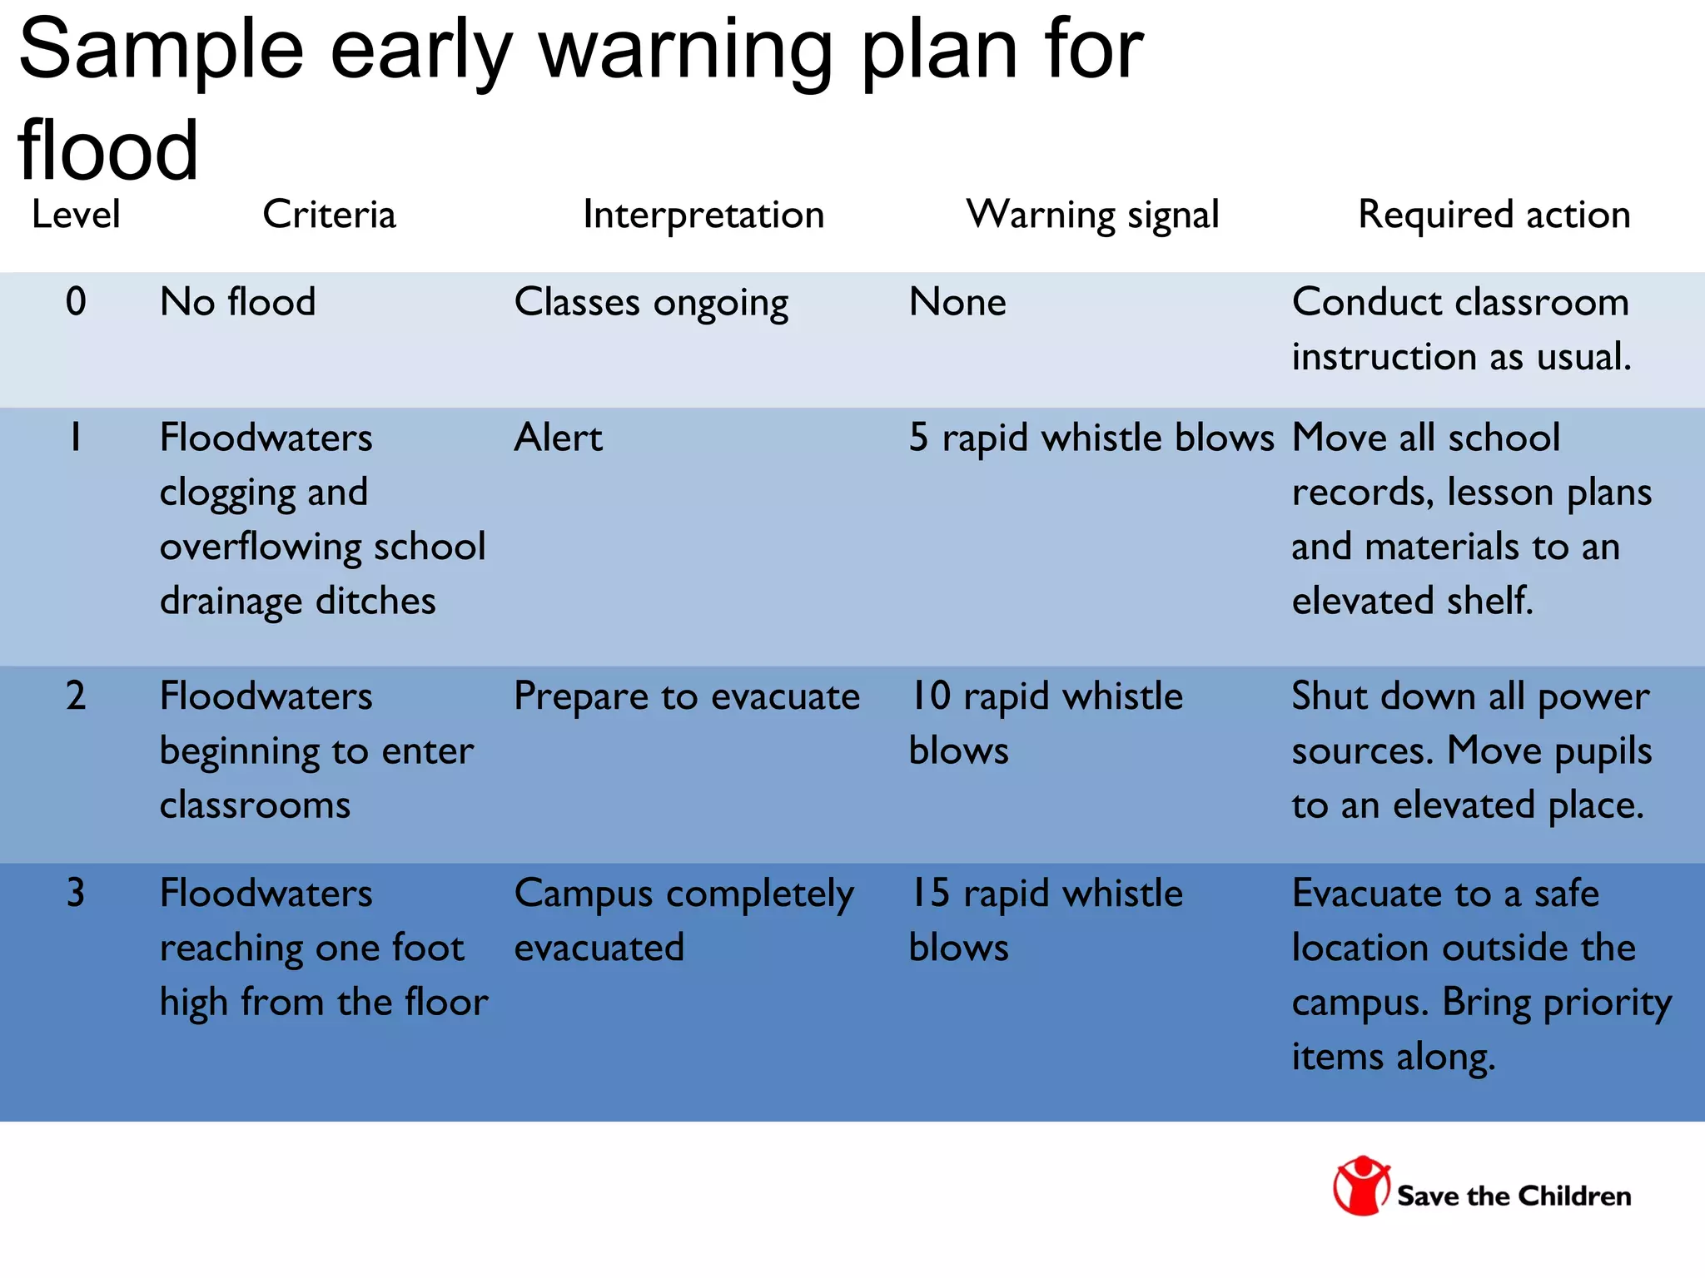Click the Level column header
coord(76,215)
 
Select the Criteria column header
coord(329,215)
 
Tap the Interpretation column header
coord(703,215)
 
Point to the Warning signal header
coord(1092,215)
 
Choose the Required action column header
coord(1494,215)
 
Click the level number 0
coord(76,301)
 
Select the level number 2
coord(76,696)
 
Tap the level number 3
coord(76,893)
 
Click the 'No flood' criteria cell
coord(238,301)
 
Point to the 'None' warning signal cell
coord(957,301)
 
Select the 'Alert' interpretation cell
coord(558,438)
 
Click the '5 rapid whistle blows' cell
coord(1091,438)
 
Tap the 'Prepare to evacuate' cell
coord(687,696)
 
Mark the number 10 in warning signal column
coord(930,696)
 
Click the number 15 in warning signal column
coord(930,893)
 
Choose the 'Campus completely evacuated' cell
coord(683,920)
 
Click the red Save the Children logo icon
coord(1361,1186)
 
